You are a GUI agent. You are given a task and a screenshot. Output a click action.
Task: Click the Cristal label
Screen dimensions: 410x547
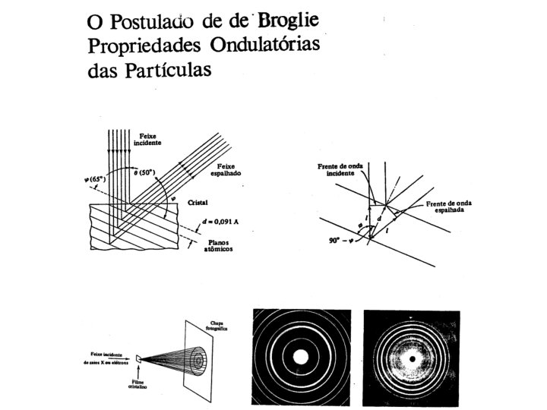[198, 203]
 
